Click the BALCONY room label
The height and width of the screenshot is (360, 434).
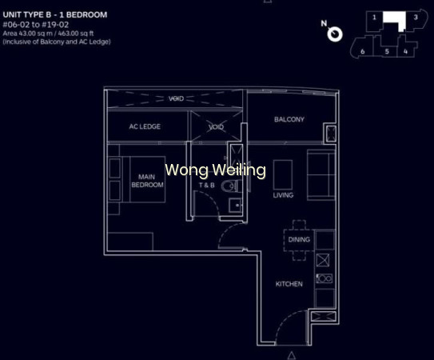(x=289, y=119)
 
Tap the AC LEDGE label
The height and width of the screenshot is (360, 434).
(x=145, y=126)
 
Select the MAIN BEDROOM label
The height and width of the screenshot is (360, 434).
(x=147, y=181)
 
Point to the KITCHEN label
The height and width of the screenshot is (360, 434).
(x=289, y=284)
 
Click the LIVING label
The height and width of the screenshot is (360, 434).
(x=283, y=195)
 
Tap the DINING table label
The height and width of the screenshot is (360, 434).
(x=299, y=239)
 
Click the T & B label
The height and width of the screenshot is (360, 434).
(x=206, y=185)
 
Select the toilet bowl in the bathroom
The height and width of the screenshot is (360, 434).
(x=229, y=186)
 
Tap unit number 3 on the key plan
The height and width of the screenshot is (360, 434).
(x=416, y=17)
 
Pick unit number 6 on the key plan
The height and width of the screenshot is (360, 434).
(x=363, y=51)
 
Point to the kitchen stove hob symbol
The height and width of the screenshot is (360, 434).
(x=325, y=278)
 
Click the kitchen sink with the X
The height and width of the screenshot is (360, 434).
(x=323, y=260)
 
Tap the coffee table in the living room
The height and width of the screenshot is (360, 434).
(x=283, y=174)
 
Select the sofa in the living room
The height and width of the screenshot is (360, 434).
(x=321, y=174)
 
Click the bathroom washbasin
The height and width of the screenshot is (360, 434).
(x=235, y=206)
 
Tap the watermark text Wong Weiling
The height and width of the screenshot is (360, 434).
(x=215, y=170)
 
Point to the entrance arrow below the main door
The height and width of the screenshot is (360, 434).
(x=291, y=355)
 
